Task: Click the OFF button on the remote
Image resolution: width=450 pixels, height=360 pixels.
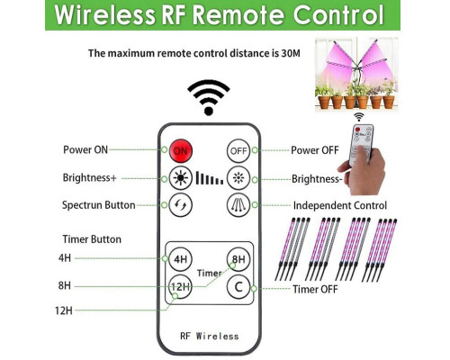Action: pos(238,150)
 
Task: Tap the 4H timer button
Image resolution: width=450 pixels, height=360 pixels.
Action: pos(180,259)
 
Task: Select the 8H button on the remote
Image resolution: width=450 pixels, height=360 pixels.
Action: pos(238,259)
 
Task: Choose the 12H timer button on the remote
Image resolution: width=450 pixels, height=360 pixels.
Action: pos(180,287)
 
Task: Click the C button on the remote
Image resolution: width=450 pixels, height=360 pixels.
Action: pos(238,287)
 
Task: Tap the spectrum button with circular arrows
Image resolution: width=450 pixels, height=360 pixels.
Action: pos(180,205)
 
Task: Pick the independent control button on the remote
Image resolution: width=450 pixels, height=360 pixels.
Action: pos(238,205)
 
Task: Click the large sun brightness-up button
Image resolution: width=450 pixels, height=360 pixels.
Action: pos(180,178)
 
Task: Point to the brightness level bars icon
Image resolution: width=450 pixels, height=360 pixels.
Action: pos(210,178)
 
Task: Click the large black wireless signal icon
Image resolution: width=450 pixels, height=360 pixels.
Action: pos(209,98)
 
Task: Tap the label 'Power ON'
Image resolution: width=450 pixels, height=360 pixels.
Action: pos(85,149)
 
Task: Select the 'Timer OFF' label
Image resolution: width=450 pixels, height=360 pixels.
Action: pos(315,289)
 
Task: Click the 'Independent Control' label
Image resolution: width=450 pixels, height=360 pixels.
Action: pos(340,205)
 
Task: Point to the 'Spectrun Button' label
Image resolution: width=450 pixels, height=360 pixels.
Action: pos(99,205)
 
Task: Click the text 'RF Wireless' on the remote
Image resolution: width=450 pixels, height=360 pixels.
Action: pos(210,336)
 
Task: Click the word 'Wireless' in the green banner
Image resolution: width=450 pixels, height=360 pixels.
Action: pos(105,15)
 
